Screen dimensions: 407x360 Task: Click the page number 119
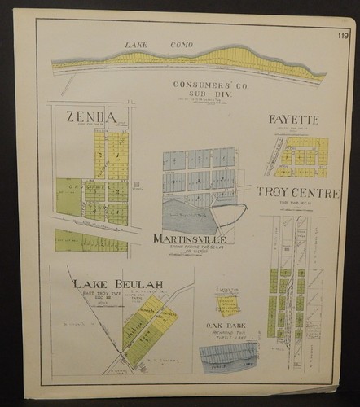pos(343,36)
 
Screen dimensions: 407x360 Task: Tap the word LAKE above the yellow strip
pos(135,44)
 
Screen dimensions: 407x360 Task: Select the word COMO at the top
pos(182,45)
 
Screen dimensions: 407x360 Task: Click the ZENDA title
pos(90,117)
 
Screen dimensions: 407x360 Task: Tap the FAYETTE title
pos(293,120)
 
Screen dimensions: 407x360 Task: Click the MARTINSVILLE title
pos(188,239)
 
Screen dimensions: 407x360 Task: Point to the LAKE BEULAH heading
pos(117,284)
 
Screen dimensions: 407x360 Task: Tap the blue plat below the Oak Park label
pos(229,355)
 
